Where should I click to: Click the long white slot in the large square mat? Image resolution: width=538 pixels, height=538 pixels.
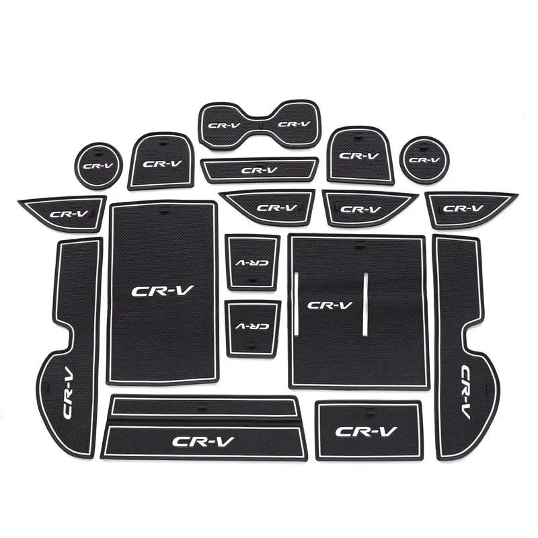(365, 304)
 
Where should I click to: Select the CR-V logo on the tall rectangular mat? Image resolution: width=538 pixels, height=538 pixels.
(162, 291)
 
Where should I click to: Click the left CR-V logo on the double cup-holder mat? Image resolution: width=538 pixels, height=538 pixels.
(225, 125)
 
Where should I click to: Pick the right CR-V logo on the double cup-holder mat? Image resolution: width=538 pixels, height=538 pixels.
(294, 124)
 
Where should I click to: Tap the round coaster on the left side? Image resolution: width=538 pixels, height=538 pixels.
(98, 165)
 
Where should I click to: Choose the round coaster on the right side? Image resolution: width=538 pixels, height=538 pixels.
(425, 159)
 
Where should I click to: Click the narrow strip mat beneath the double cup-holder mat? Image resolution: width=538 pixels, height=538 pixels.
(260, 170)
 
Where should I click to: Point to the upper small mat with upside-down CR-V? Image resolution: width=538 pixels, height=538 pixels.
(253, 262)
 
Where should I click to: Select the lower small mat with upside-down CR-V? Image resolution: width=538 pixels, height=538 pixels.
(253, 329)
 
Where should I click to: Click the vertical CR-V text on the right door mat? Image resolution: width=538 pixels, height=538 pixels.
(465, 391)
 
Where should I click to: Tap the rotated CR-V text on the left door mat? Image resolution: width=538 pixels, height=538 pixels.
(69, 391)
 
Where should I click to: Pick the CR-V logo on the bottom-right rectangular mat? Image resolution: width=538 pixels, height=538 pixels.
(366, 431)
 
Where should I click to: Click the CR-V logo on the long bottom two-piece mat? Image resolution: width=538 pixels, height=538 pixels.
(204, 442)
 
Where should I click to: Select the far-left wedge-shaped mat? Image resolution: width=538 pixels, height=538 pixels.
(63, 214)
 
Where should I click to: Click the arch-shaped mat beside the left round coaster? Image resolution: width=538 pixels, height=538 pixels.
(161, 161)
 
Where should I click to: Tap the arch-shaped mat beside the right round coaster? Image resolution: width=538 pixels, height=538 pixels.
(360, 155)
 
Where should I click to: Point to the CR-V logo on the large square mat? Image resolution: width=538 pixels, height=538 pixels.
(330, 305)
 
